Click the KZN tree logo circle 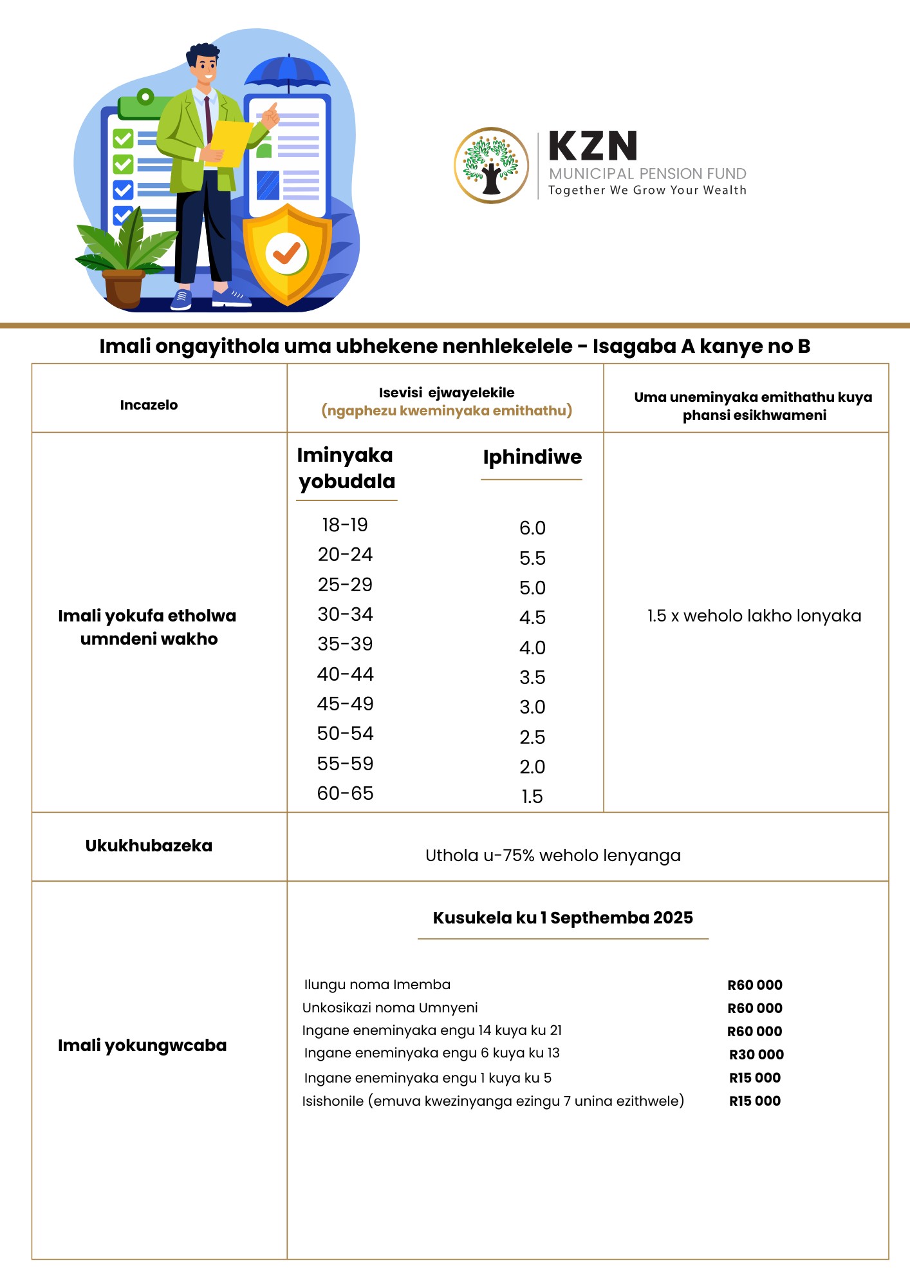pos(491,166)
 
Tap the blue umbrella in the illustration pos(288,73)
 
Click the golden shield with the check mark pos(287,253)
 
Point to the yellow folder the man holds pos(229,144)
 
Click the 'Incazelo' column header pos(149,405)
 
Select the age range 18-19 pos(345,525)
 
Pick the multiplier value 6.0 pos(532,528)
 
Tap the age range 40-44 pos(345,674)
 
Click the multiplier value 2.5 pos(532,737)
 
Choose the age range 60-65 pos(345,793)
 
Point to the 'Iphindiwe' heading pos(532,457)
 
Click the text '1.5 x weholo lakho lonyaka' pos(754,616)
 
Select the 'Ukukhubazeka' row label pos(149,846)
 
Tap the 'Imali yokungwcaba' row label pos(142,1045)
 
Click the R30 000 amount pos(756,1054)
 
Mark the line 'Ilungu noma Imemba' pos(377,985)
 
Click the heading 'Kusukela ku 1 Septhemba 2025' pos(562,918)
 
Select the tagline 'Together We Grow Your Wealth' pos(647,190)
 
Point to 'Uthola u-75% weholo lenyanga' pos(553,855)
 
